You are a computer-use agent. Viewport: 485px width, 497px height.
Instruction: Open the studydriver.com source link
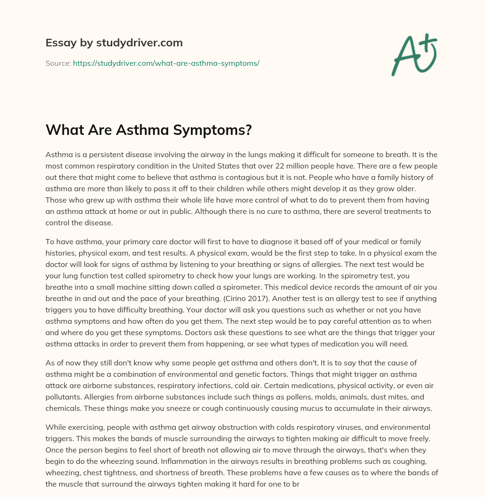click(166, 63)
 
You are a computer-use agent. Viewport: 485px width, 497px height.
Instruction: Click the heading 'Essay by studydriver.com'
click(114, 43)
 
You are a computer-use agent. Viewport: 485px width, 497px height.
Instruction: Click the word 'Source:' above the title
click(58, 63)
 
